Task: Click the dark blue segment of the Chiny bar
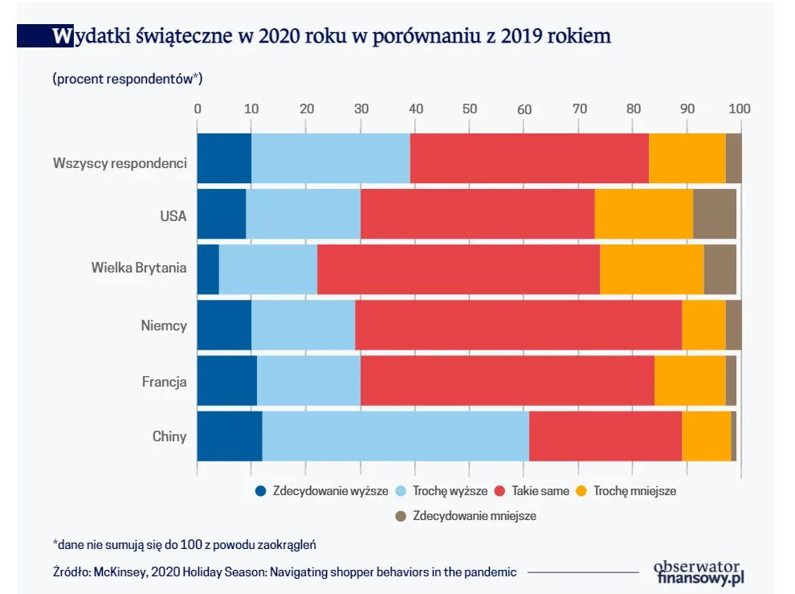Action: click(229, 436)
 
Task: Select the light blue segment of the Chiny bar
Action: click(396, 436)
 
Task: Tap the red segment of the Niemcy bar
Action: click(518, 326)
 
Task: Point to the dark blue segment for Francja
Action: click(226, 381)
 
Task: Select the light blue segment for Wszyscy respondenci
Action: click(330, 158)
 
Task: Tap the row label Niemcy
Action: click(164, 326)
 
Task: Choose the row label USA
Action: click(173, 215)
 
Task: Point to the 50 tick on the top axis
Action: click(469, 108)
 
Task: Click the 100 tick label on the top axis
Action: click(739, 108)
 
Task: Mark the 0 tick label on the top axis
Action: click(198, 108)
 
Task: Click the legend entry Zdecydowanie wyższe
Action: click(330, 490)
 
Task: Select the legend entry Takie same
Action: click(540, 490)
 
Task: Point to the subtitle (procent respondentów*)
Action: click(127, 78)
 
